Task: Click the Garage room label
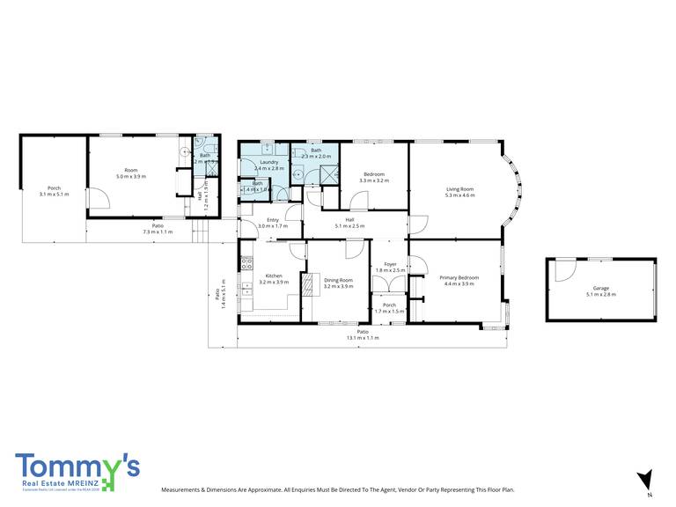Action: click(600, 288)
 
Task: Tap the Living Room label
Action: click(459, 189)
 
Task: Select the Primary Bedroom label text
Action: click(459, 278)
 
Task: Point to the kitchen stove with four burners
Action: click(247, 262)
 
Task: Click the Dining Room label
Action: click(338, 281)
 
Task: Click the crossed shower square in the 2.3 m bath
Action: click(327, 173)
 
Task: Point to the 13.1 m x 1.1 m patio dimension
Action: click(363, 337)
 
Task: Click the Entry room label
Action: click(268, 220)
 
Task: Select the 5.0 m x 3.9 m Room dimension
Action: click(131, 176)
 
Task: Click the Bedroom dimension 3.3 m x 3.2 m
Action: click(374, 180)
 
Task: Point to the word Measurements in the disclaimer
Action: click(183, 489)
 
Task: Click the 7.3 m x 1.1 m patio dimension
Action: click(158, 231)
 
